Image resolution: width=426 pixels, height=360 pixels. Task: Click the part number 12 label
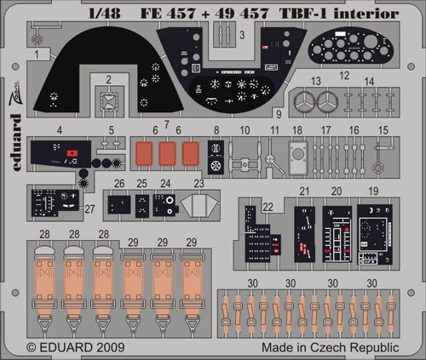[344, 76]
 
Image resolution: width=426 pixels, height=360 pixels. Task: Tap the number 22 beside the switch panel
[268, 207]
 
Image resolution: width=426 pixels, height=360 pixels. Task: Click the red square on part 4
[72, 153]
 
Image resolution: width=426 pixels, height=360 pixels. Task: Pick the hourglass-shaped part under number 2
[109, 101]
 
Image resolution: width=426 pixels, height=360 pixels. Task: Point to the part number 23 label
[199, 184]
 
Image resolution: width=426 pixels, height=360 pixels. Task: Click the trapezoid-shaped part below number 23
[200, 205]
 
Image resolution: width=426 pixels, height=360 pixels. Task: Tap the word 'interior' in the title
[366, 14]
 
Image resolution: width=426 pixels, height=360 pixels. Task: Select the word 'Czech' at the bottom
[328, 347]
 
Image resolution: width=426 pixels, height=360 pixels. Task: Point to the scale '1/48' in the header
[105, 14]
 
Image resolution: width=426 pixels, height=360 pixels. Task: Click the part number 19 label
[373, 191]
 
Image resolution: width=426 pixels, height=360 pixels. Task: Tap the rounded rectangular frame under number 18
[298, 157]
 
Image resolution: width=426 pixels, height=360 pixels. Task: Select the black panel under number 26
[119, 205]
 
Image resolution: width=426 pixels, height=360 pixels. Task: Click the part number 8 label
[216, 130]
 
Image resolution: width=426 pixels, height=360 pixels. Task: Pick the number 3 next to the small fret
[242, 35]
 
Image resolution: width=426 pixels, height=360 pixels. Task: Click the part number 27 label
[89, 209]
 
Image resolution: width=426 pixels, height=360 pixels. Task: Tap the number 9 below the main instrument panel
[279, 114]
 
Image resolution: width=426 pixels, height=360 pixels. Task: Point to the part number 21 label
[304, 191]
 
